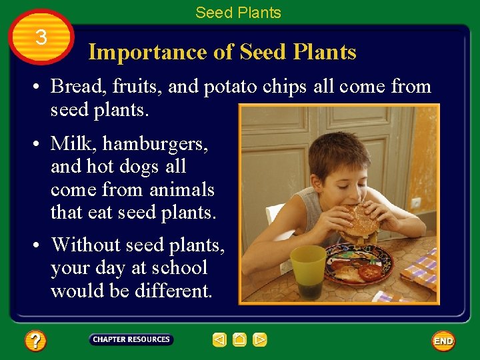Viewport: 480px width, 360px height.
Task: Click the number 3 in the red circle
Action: pyautogui.click(x=41, y=37)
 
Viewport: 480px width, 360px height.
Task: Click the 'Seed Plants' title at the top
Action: pyautogui.click(x=238, y=12)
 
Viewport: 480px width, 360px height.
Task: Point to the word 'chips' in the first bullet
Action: pyautogui.click(x=286, y=87)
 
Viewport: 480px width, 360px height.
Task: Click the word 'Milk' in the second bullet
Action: pyautogui.click(x=70, y=143)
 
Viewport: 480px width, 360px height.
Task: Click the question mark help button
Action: pyautogui.click(x=35, y=341)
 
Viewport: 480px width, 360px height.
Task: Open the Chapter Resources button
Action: pyautogui.click(x=131, y=340)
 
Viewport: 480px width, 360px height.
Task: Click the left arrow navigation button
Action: pyautogui.click(x=219, y=340)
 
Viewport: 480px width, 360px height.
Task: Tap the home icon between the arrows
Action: pyautogui.click(x=240, y=340)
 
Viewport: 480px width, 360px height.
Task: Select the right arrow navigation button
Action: pyautogui.click(x=260, y=340)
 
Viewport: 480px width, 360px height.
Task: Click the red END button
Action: pyautogui.click(x=443, y=341)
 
